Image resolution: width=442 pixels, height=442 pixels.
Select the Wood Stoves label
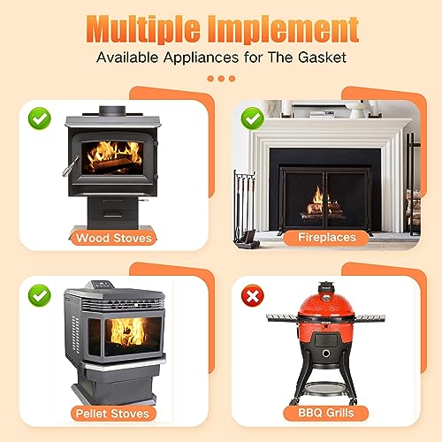[115, 238]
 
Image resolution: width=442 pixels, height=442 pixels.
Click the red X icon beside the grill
[253, 293]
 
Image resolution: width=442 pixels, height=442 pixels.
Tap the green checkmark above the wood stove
[37, 116]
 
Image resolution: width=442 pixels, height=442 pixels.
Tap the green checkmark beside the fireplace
[253, 116]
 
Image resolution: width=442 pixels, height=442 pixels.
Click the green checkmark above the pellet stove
[37, 293]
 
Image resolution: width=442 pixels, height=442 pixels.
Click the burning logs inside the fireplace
[324, 210]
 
